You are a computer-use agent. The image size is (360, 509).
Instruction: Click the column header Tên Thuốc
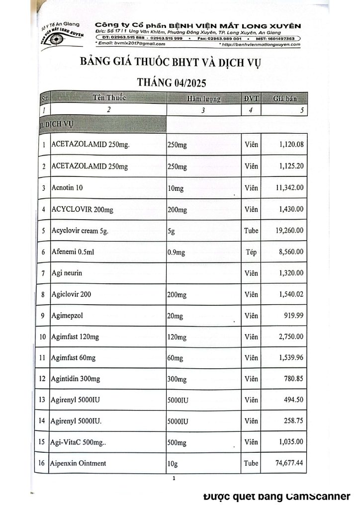pyautogui.click(x=109, y=98)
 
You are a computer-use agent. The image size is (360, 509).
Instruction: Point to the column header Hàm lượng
pyautogui.click(x=203, y=99)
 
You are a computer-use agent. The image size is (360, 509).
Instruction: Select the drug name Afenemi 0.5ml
pyautogui.click(x=73, y=252)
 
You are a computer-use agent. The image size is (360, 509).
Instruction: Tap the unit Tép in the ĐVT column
pyautogui.click(x=252, y=252)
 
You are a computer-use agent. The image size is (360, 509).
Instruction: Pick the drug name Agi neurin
pyautogui.click(x=67, y=273)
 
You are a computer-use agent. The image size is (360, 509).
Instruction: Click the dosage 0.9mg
pyautogui.click(x=178, y=252)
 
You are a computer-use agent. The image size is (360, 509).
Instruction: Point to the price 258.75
pyautogui.click(x=293, y=421)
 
